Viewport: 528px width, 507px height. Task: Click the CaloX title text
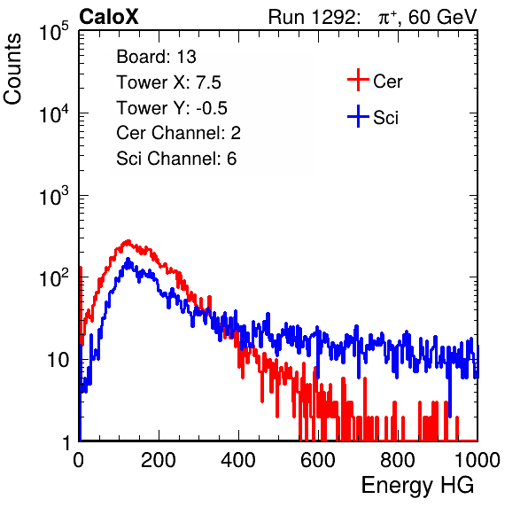coord(108,17)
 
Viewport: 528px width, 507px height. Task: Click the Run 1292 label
coord(312,17)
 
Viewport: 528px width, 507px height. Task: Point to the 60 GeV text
coord(442,17)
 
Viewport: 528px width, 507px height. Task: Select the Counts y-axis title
coord(12,69)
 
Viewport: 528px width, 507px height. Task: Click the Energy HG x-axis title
coord(417,486)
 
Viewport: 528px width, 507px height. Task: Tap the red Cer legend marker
coord(358,80)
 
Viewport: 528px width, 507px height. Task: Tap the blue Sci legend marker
coord(358,116)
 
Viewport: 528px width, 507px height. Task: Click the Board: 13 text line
coord(156,57)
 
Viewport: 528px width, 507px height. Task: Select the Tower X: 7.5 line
coord(168,82)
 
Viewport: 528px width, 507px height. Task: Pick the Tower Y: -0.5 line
coord(172,108)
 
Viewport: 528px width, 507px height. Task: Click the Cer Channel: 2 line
coord(178,133)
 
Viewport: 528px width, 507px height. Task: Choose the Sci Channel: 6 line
coord(176,159)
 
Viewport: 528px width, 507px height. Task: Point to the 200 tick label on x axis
coord(159,459)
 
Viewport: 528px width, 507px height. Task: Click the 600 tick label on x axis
coord(318,459)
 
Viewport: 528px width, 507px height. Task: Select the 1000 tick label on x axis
coord(478,459)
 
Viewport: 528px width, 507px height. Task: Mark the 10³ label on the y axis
coord(54,196)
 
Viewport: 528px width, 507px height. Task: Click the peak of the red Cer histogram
coord(128,241)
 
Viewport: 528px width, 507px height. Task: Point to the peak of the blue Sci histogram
coord(128,260)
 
